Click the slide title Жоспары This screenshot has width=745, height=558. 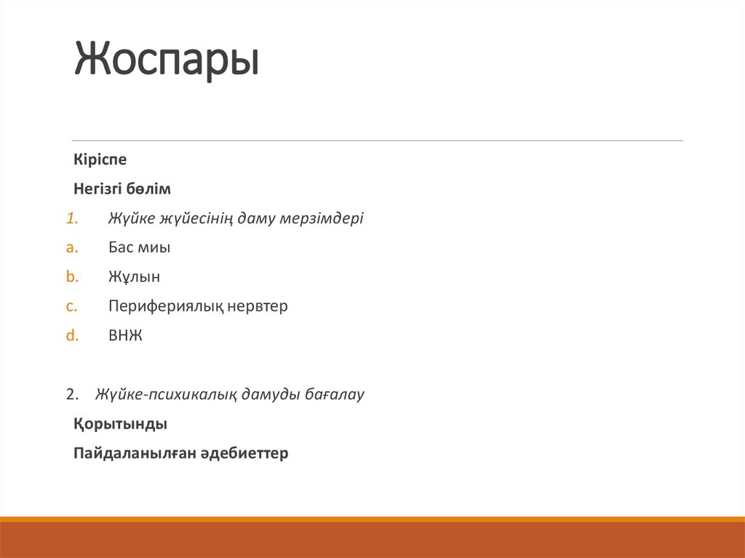click(167, 60)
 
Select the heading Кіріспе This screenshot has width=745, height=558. click(100, 159)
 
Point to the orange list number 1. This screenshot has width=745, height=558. click(71, 218)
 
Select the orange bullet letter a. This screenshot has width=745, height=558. click(71, 247)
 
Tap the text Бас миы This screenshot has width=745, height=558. click(139, 247)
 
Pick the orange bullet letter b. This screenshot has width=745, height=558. click(71, 276)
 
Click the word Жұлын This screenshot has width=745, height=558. click(134, 276)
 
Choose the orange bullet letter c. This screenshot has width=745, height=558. click(71, 306)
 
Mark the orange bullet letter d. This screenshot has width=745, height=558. click(71, 335)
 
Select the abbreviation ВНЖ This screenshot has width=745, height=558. click(125, 335)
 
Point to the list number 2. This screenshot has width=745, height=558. click(71, 395)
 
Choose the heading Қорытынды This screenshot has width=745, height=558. click(120, 424)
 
